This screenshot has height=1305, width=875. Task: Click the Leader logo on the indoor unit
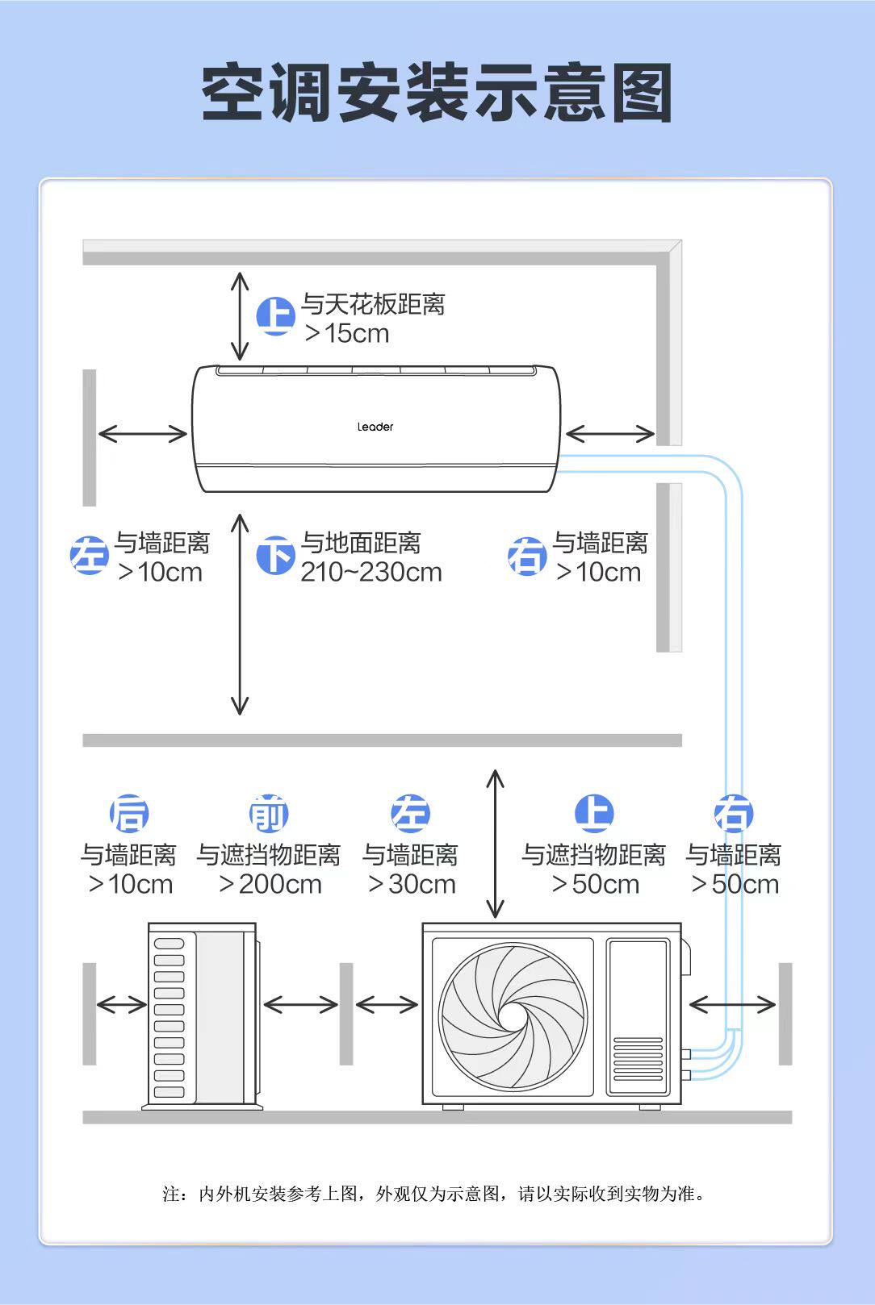tap(375, 427)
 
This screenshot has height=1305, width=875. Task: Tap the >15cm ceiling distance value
tap(347, 333)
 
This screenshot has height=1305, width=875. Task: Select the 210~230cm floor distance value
tap(371, 572)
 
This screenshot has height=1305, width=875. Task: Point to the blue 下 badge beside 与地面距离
tap(275, 556)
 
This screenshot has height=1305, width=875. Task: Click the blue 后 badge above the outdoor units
tap(129, 814)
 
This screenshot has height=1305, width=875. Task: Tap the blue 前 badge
tap(269, 814)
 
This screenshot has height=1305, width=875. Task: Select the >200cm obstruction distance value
tap(270, 884)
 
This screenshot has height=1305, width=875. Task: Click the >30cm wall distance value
tap(412, 884)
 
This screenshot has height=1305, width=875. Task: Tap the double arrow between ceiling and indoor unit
tap(240, 316)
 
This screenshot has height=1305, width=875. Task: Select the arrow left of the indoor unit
tap(142, 434)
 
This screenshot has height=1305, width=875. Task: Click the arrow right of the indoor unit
tap(609, 434)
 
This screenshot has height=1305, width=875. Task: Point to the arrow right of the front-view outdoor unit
tap(732, 1005)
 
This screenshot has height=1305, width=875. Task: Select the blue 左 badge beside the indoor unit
tap(90, 556)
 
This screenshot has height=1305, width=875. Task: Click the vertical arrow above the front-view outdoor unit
tap(496, 844)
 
